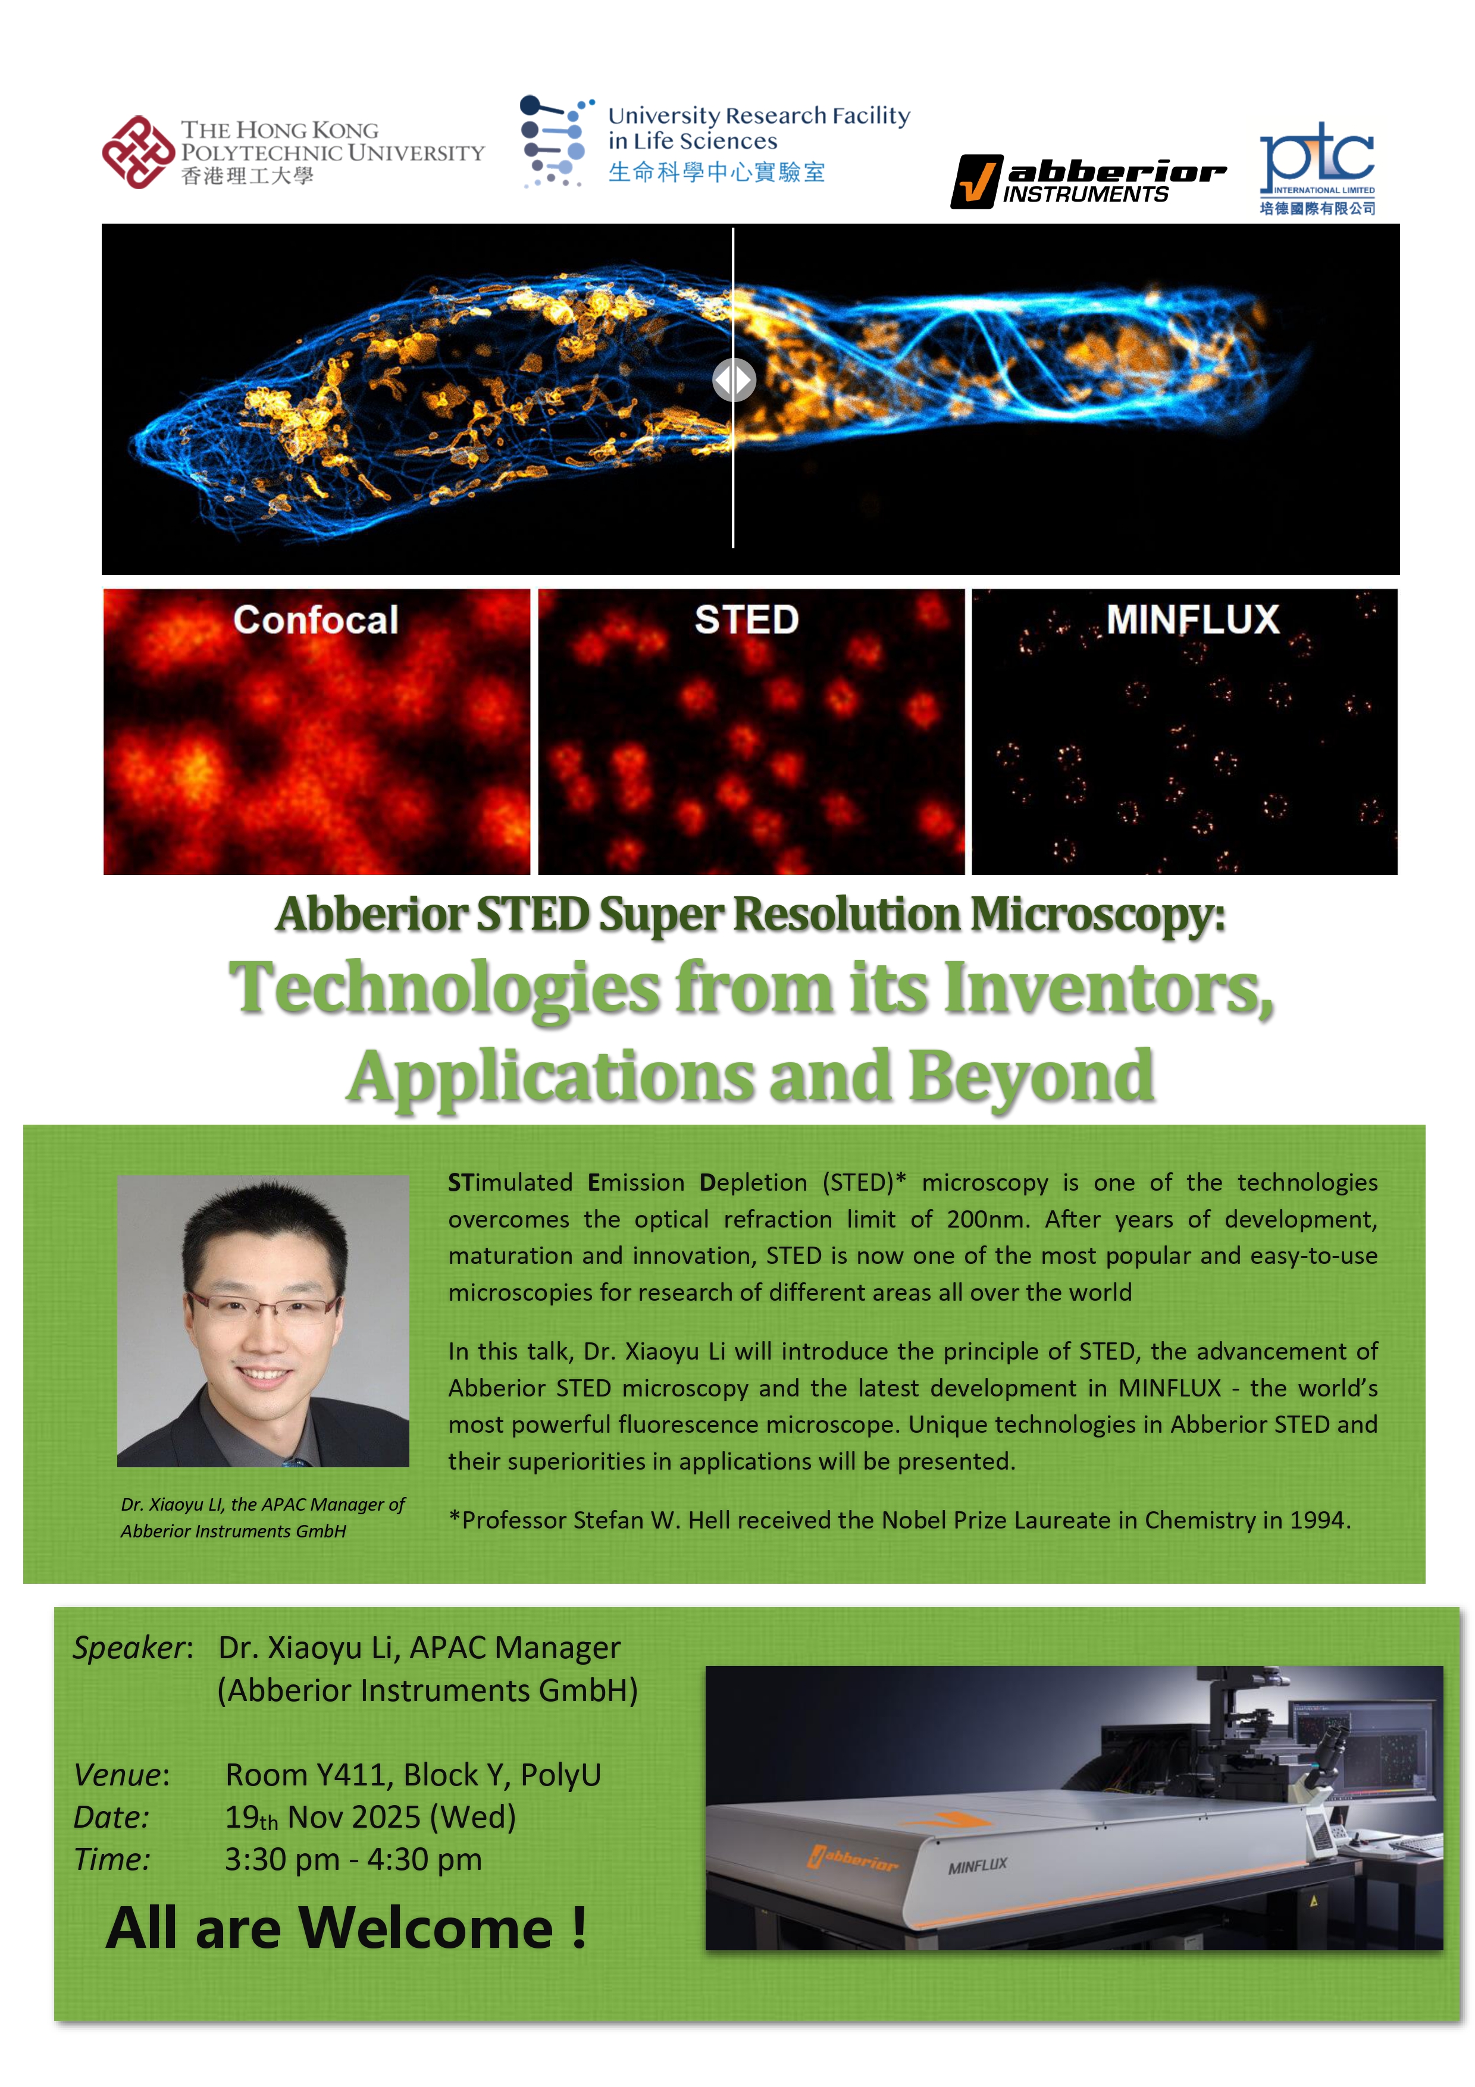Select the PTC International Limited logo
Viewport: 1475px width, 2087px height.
[1316, 168]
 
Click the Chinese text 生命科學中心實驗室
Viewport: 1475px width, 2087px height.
[716, 172]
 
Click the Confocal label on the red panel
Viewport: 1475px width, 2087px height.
[315, 620]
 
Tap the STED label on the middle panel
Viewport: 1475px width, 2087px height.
[747, 620]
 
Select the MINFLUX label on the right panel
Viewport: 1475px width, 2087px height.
[1192, 620]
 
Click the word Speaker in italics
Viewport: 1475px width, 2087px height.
[130, 1647]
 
